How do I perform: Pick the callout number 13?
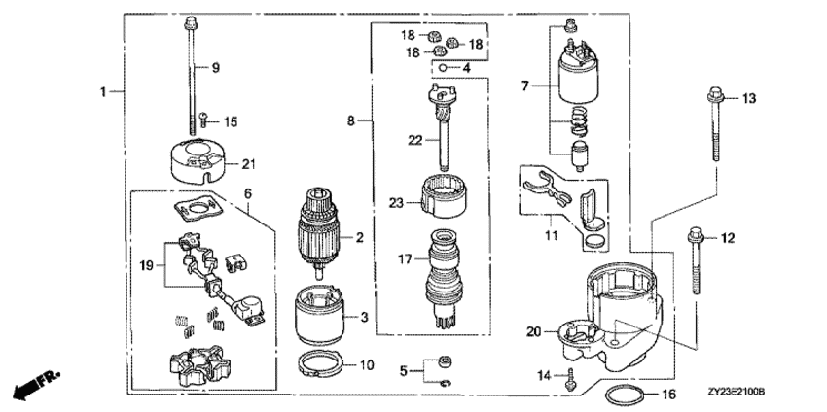pyautogui.click(x=749, y=99)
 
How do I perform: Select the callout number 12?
pyautogui.click(x=728, y=237)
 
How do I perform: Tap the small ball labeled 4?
pyautogui.click(x=442, y=68)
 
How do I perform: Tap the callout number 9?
pyautogui.click(x=216, y=67)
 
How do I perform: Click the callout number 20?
pyautogui.click(x=531, y=332)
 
